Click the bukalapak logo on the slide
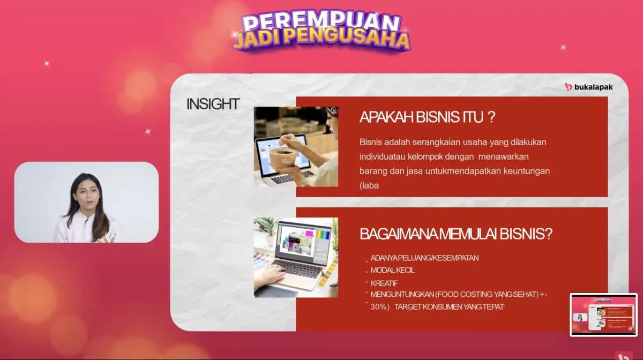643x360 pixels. pos(588,87)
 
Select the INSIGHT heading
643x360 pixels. pos(213,104)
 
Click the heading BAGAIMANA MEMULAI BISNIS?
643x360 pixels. pos(456,234)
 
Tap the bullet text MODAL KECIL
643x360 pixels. pos(392,270)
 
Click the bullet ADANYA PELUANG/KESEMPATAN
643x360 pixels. pos(424,258)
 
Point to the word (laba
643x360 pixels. pos(369,185)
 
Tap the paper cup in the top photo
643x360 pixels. pos(282,159)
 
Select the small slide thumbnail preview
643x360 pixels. pos(603,314)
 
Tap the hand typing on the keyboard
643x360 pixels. pos(271,275)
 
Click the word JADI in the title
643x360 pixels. pos(257,39)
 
